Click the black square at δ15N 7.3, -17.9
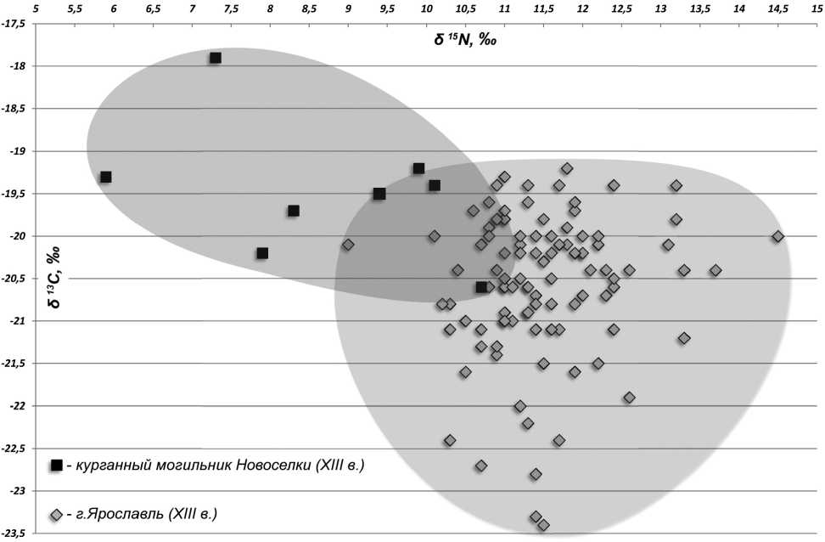pyautogui.click(x=216, y=58)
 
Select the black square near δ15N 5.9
pyautogui.click(x=106, y=177)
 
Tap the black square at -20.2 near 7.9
pyautogui.click(x=262, y=253)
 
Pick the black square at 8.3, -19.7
pyautogui.click(x=294, y=211)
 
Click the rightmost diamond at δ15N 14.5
pyautogui.click(x=777, y=236)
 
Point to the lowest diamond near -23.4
pyautogui.click(x=543, y=525)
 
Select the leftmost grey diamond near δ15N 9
pyautogui.click(x=348, y=245)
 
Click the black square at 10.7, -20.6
pyautogui.click(x=481, y=287)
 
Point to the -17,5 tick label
pyautogui.click(x=14, y=24)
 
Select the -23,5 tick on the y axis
pyautogui.click(x=14, y=534)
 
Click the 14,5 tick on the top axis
pyautogui.click(x=777, y=8)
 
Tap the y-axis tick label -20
pyautogui.click(x=18, y=236)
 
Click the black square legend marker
pyautogui.click(x=57, y=465)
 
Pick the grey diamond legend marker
pyautogui.click(x=57, y=515)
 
